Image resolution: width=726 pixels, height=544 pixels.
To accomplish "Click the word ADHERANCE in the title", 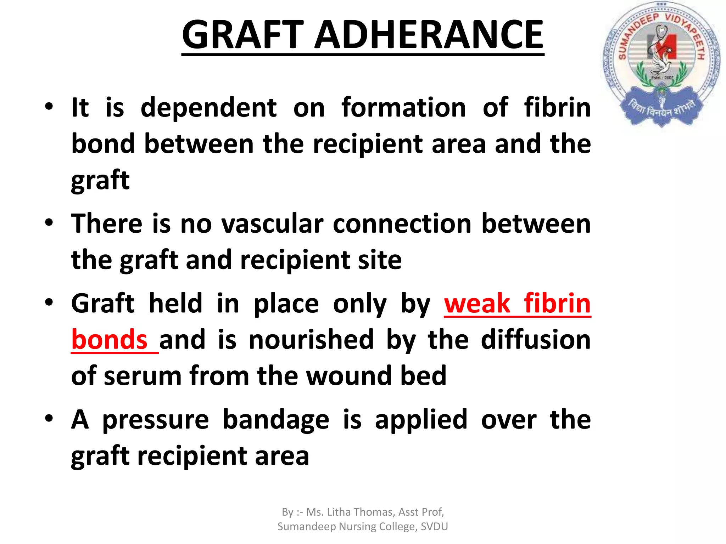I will pyautogui.click(x=429, y=35).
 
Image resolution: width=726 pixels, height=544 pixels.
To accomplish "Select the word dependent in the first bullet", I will pyautogui.click(x=208, y=108).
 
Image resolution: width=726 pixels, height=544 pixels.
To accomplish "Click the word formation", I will pyautogui.click(x=404, y=108).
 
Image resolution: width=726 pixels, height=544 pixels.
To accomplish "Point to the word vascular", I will pyautogui.click(x=272, y=224).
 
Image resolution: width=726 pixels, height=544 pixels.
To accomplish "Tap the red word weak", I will pyautogui.click(x=477, y=304).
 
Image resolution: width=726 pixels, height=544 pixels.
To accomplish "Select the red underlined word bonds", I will pyautogui.click(x=110, y=340).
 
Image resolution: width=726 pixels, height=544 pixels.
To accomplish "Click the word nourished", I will pyautogui.click(x=311, y=340).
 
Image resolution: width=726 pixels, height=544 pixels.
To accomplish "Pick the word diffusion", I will pyautogui.click(x=536, y=340).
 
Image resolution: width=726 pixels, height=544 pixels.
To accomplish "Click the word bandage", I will pyautogui.click(x=276, y=420).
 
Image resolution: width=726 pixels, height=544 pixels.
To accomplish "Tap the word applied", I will pyautogui.click(x=421, y=420).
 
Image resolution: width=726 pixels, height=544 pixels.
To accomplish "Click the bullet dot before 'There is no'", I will pyautogui.click(x=49, y=222).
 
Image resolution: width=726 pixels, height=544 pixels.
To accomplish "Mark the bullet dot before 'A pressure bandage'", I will pyautogui.click(x=49, y=418).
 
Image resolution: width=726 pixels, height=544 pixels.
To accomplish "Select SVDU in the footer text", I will pyautogui.click(x=434, y=527).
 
